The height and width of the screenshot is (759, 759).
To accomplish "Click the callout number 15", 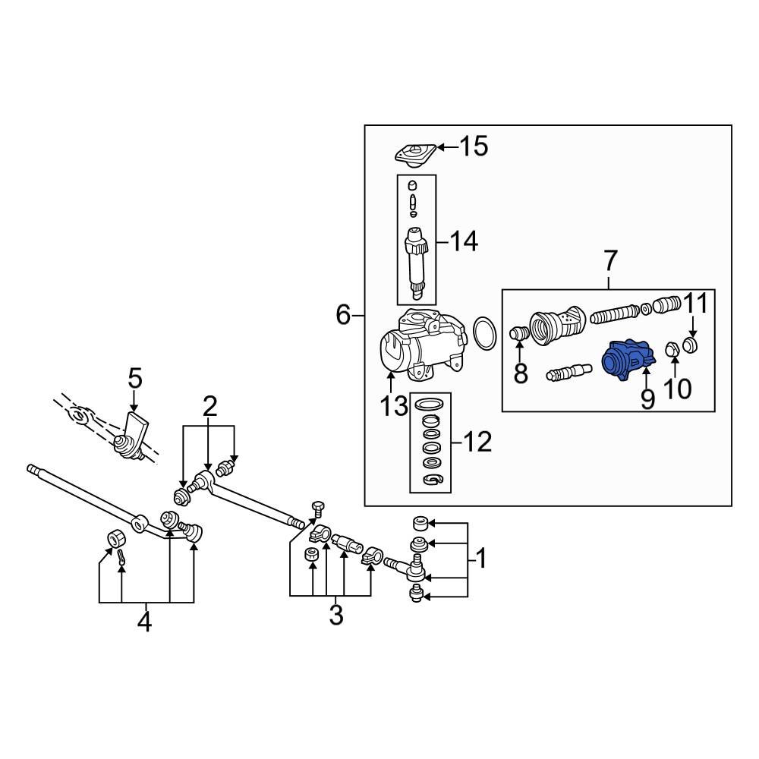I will pyautogui.click(x=474, y=146).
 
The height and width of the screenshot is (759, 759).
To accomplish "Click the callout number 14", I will pyautogui.click(x=463, y=243).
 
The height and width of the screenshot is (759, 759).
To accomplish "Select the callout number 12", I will pyautogui.click(x=477, y=441).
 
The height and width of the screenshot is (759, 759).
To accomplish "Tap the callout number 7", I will pyautogui.click(x=611, y=262).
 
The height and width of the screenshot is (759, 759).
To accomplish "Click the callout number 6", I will pyautogui.click(x=344, y=313).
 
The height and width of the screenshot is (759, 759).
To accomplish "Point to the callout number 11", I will pyautogui.click(x=697, y=304).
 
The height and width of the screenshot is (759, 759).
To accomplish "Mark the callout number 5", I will pyautogui.click(x=134, y=376).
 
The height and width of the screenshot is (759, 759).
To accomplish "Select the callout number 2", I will pyautogui.click(x=209, y=406).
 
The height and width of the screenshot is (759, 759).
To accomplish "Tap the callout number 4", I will pyautogui.click(x=144, y=622).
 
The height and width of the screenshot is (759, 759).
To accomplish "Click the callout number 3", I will pyautogui.click(x=335, y=614).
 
